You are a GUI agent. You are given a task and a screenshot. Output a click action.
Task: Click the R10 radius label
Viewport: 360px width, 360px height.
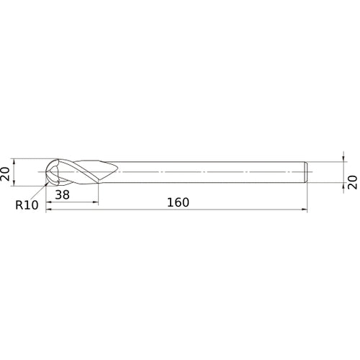tap(27, 205)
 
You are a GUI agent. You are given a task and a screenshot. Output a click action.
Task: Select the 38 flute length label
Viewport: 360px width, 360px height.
tap(63, 194)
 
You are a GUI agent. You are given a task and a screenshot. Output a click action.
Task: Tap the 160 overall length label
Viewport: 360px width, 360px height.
tap(178, 202)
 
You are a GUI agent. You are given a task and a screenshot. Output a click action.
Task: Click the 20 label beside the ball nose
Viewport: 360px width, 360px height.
tap(6, 174)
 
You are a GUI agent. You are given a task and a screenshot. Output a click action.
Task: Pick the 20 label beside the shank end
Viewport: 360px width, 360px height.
tap(353, 182)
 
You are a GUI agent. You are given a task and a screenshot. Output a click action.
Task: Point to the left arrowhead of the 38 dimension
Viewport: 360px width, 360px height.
tap(48, 202)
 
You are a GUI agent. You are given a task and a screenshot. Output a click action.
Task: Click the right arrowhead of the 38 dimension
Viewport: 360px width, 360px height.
tap(96, 202)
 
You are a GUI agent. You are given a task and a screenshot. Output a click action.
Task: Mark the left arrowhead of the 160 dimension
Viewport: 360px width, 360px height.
tap(48, 210)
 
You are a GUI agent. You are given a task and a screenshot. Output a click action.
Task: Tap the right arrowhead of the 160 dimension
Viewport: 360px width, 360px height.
tap(305, 210)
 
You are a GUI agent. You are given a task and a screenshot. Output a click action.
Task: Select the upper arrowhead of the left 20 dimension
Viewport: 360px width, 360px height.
tap(14, 161)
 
